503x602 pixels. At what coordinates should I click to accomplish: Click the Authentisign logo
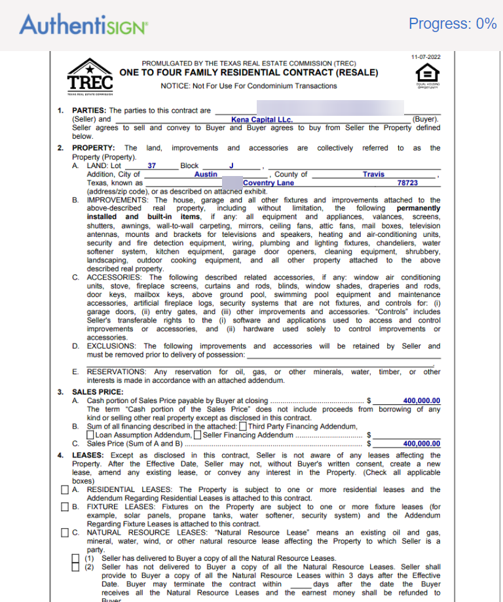point(83,25)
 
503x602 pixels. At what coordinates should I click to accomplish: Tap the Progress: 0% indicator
point(453,24)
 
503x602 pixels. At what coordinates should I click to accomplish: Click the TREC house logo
point(90,76)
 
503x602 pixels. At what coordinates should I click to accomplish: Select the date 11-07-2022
point(426,58)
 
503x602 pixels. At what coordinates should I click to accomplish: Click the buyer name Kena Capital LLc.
point(262,120)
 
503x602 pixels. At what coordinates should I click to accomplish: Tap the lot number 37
point(151,166)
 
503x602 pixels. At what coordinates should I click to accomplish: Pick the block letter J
point(231,166)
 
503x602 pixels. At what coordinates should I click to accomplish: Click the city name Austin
point(206,175)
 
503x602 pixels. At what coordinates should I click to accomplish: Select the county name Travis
point(373,175)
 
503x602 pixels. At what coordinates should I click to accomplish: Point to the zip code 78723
point(407,183)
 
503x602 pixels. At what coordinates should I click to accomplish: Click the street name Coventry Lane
point(268,183)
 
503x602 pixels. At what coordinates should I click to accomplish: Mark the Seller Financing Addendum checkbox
point(197,435)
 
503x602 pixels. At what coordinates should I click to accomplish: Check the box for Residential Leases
point(65,490)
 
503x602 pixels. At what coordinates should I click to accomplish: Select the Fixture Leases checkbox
point(65,507)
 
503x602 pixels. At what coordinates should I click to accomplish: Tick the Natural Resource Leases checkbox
point(65,533)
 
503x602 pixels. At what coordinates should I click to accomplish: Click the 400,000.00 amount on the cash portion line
point(422,401)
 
